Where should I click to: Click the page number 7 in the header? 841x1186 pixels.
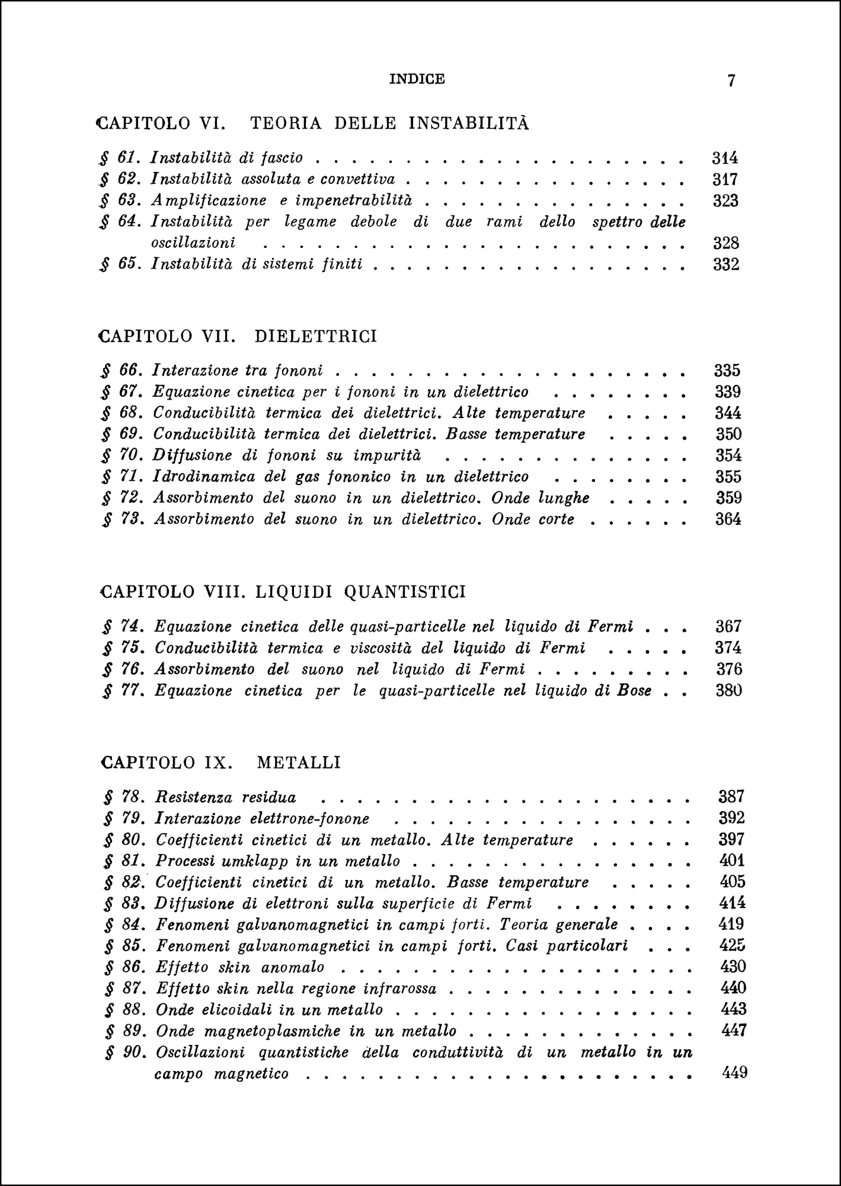pyautogui.click(x=731, y=81)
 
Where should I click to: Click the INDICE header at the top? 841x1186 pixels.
pyautogui.click(x=417, y=79)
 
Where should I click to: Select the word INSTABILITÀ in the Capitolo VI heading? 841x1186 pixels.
pyautogui.click(x=469, y=123)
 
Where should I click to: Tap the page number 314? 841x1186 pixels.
pyautogui.click(x=724, y=158)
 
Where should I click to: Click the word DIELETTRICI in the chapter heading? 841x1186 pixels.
pyautogui.click(x=316, y=336)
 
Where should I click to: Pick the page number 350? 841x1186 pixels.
pyautogui.click(x=728, y=434)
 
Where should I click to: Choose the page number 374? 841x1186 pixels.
pyautogui.click(x=728, y=648)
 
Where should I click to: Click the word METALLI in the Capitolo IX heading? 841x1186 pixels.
pyautogui.click(x=299, y=762)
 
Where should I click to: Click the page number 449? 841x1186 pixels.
pyautogui.click(x=734, y=1073)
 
